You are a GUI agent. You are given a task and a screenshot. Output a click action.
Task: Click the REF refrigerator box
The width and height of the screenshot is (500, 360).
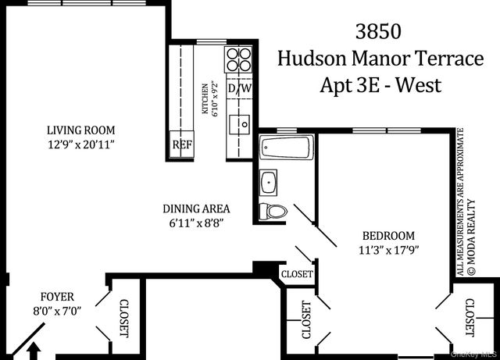182,144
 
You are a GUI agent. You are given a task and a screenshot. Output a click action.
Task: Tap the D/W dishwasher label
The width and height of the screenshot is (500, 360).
239,88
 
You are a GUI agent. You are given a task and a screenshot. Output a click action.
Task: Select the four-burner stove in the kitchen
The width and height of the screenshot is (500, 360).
239,60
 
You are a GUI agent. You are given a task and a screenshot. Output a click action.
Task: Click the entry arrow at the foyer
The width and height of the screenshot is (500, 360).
33,353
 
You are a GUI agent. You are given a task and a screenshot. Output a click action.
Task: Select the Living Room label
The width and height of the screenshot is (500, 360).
80,130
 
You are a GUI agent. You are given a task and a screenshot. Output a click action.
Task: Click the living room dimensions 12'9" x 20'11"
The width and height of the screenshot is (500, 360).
80,144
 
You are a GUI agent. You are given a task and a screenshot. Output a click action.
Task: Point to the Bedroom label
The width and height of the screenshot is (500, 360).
388,236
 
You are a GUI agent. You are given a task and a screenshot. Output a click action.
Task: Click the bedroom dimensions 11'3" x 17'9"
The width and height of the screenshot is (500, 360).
388,250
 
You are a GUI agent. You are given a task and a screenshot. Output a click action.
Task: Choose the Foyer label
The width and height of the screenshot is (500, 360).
58,297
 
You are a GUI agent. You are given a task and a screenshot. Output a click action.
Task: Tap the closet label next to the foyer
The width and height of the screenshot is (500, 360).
123,320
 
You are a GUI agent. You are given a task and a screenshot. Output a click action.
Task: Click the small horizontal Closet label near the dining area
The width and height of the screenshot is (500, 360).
297,275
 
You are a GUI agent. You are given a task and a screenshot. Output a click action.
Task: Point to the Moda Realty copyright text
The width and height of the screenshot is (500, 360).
473,235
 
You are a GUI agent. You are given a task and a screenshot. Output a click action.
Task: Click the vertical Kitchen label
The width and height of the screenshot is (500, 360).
206,99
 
